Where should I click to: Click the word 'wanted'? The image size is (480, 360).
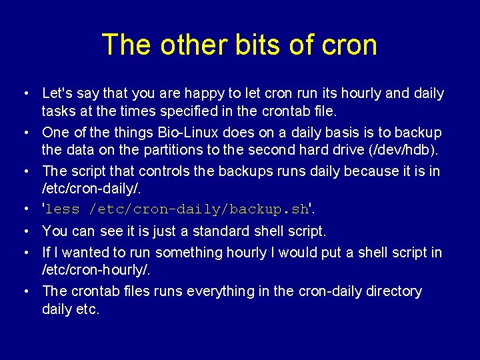click(83, 253)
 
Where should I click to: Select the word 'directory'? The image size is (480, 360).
click(393, 291)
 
